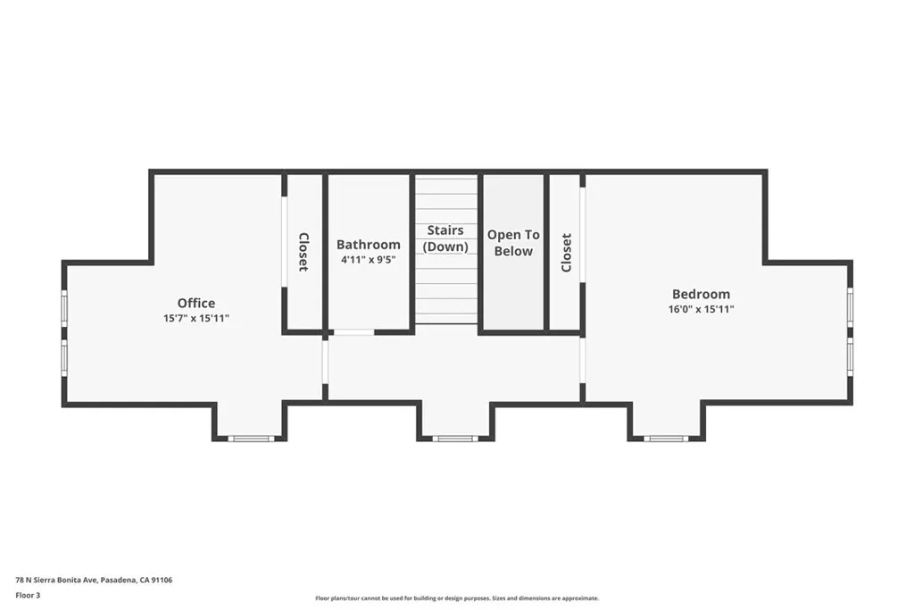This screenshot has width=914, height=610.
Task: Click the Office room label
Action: [x=195, y=303]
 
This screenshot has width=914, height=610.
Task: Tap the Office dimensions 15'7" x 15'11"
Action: [x=195, y=317]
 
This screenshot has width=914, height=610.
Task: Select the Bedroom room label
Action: [x=701, y=294]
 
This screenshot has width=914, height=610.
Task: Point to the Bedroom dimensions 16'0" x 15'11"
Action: [x=701, y=309]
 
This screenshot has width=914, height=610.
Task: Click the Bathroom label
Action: [x=368, y=245]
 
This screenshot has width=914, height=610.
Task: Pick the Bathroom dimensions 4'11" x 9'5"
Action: [x=368, y=260]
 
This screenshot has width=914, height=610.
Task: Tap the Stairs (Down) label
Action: [x=445, y=238]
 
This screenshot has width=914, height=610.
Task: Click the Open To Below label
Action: [x=513, y=243]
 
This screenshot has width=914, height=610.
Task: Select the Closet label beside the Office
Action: [x=303, y=252]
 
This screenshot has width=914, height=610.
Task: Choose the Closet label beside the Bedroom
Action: [x=566, y=252]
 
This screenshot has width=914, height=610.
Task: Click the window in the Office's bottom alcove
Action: [x=250, y=439]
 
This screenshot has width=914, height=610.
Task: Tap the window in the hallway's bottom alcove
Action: [x=455, y=439]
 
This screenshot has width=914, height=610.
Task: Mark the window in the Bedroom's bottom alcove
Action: [x=666, y=439]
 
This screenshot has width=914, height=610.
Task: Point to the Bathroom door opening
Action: [x=353, y=332]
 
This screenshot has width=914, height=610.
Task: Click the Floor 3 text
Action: [x=28, y=595]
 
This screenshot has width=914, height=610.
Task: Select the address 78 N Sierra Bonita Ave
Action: [x=94, y=580]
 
